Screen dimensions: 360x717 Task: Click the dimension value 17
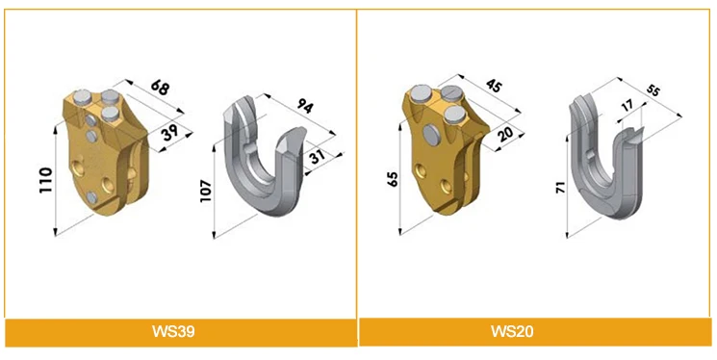[x=627, y=106]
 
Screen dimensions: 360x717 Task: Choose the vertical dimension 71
[x=559, y=187]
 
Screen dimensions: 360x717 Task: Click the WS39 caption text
[x=180, y=332]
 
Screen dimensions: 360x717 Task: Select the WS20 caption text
[x=535, y=332]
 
